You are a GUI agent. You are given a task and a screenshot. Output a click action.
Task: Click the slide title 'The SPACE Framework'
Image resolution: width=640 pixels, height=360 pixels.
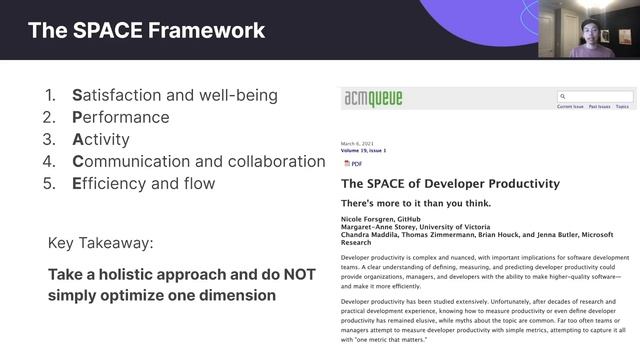click(x=146, y=30)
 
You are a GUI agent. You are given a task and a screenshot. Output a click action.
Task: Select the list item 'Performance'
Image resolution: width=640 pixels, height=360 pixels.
click(x=121, y=118)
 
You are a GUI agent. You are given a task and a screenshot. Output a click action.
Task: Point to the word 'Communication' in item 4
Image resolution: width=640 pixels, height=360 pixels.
click(x=135, y=162)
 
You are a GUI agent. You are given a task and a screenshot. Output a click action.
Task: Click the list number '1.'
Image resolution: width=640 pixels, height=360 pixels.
click(x=50, y=96)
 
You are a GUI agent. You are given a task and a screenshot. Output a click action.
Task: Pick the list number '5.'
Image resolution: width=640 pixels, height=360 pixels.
click(x=50, y=184)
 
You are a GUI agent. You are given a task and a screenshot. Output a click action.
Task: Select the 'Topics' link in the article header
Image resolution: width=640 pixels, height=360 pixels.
click(x=622, y=106)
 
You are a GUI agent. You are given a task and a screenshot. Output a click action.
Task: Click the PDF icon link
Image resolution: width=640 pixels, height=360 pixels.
click(x=353, y=163)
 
